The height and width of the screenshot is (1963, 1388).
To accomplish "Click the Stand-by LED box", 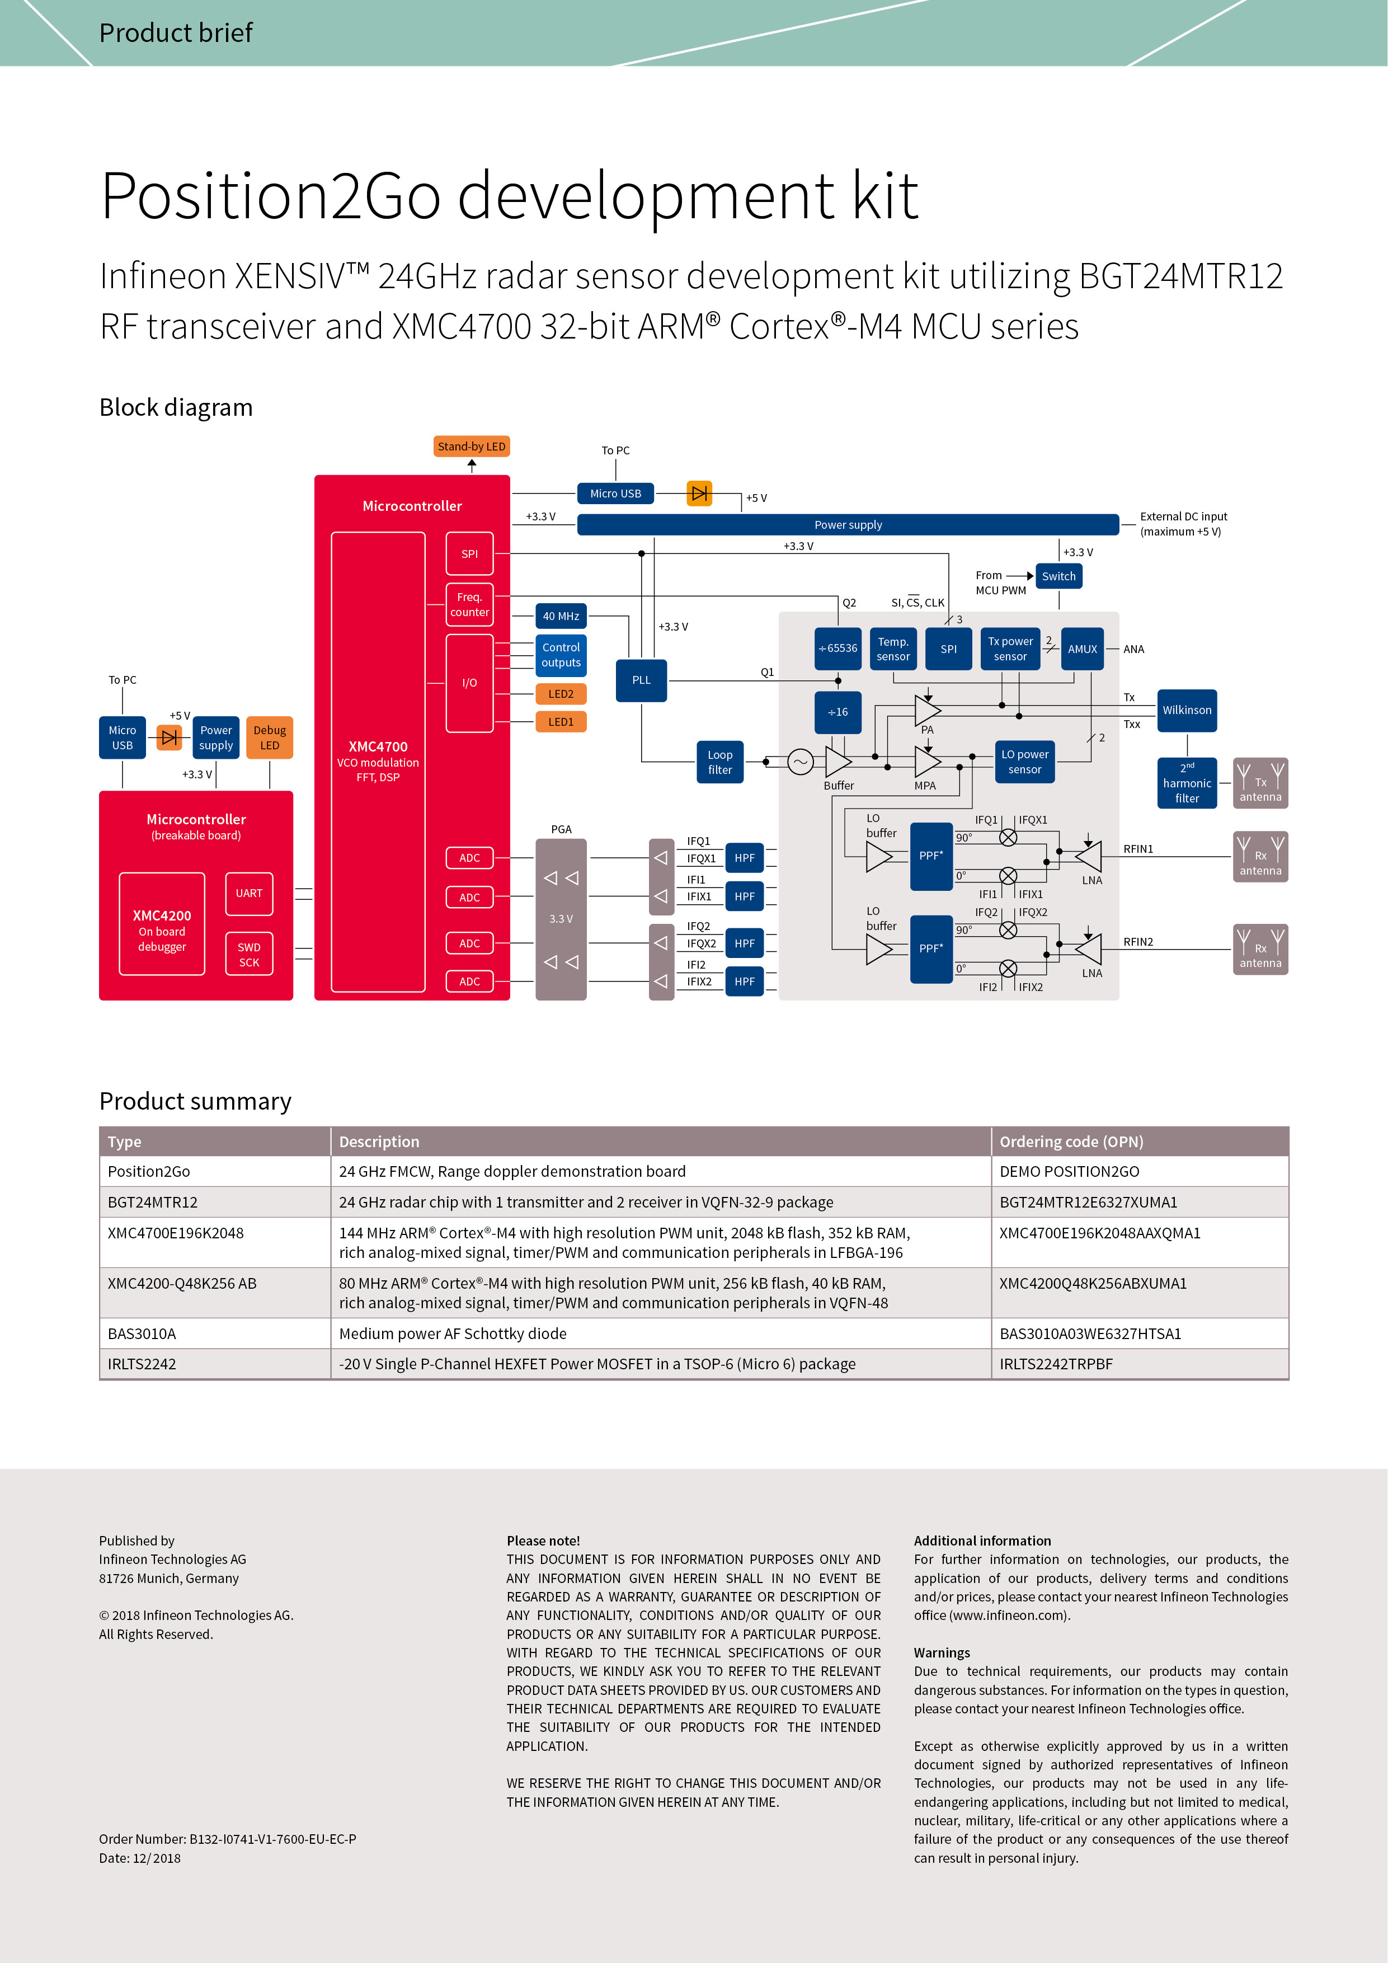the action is tap(471, 447).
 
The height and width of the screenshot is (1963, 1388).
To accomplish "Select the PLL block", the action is tap(641, 680).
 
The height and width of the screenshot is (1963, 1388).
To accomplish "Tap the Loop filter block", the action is tap(719, 763).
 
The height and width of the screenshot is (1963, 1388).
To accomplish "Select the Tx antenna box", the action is tap(1260, 783).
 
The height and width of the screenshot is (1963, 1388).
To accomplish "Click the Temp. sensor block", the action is tap(892, 649).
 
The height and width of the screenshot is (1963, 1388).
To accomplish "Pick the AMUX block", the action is tap(1082, 649).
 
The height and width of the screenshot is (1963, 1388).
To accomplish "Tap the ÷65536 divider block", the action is tap(837, 649).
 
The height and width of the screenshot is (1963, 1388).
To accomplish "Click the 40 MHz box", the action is tap(561, 617).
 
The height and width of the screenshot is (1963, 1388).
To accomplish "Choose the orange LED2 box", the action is tap(561, 694).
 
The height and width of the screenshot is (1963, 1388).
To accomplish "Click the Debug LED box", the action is tap(269, 738).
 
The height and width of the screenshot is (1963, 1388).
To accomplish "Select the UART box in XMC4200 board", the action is tap(249, 894).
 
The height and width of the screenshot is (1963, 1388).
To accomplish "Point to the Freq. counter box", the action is tap(469, 604).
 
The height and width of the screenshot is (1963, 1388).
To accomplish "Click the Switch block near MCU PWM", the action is tap(1058, 576).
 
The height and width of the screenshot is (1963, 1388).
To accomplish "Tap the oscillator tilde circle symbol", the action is tap(800, 762).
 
